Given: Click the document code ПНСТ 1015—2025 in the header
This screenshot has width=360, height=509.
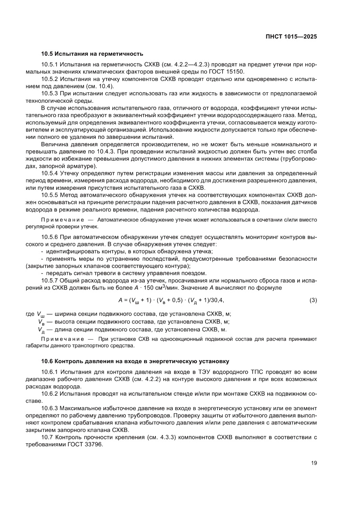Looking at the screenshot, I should (x=291, y=37).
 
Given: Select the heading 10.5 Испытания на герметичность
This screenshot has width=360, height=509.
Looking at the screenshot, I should (x=92, y=54).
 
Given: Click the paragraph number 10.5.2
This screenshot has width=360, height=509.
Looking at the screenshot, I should (x=49, y=79).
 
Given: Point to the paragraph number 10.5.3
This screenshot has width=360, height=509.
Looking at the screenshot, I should (x=49, y=94).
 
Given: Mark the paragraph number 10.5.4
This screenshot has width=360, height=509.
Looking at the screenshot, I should (x=49, y=173).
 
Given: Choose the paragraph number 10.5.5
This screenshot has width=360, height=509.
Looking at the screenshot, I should (x=49, y=195).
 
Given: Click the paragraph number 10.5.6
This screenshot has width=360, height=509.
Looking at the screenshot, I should (x=49, y=237).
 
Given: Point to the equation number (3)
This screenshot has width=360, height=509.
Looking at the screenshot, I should (x=313, y=300).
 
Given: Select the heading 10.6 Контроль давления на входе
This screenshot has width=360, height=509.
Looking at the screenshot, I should (x=135, y=361).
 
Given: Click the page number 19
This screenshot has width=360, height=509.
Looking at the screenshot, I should (x=313, y=463).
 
